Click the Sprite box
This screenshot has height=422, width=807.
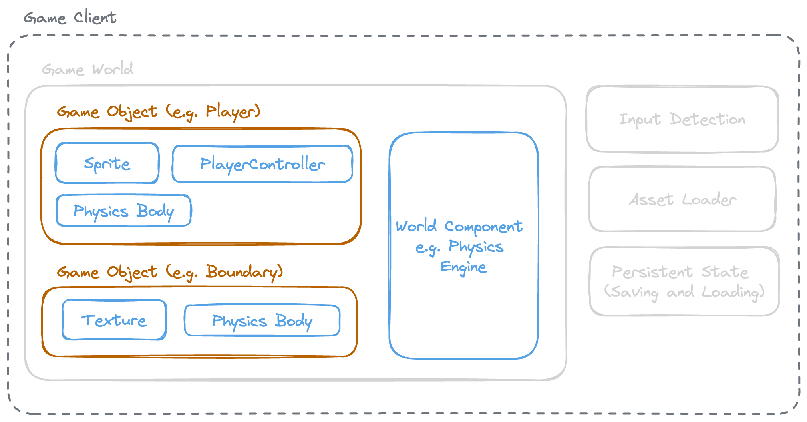107,163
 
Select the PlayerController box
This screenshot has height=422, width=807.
262,164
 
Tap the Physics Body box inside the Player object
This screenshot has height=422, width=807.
124,211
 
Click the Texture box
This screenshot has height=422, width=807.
114,320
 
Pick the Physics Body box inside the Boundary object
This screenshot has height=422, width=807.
262,320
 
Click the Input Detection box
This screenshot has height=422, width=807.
682,119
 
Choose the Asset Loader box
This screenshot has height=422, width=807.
682,199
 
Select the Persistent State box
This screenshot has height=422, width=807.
684,281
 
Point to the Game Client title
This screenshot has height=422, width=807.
70,18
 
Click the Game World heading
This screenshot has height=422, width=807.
87,69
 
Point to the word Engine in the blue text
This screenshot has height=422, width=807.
463,267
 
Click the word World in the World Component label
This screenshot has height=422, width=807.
416,226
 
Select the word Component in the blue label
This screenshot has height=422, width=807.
483,227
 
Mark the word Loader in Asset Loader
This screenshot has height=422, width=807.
709,199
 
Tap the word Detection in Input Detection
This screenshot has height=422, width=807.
707,119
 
